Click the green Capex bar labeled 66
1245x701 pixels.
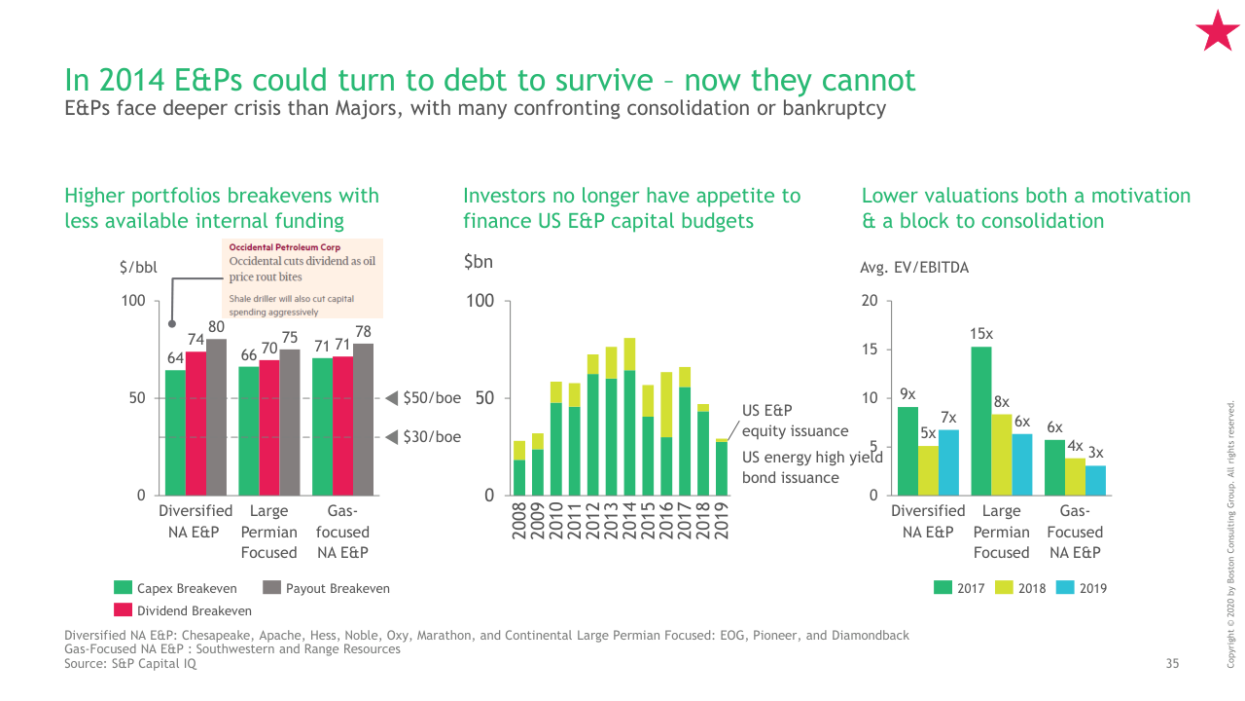click(249, 430)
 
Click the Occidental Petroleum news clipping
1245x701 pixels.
click(302, 278)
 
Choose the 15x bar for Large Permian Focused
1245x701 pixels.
click(981, 421)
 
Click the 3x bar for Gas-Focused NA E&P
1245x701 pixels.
click(1095, 480)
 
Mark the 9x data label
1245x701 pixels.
click(907, 394)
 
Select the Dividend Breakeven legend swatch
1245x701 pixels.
click(124, 610)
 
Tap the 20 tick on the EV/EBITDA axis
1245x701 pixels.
click(870, 301)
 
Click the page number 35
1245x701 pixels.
click(1172, 664)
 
